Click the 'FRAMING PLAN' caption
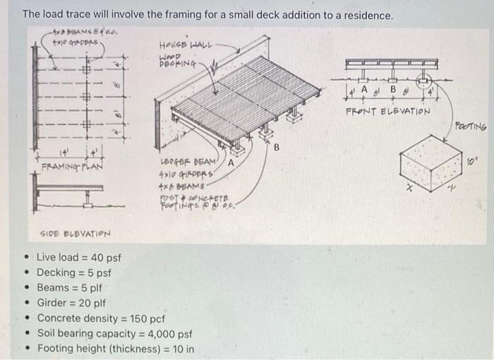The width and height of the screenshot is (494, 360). coord(71,167)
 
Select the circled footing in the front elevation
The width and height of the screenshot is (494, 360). coord(426,81)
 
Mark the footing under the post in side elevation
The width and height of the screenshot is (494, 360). coord(88,205)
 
